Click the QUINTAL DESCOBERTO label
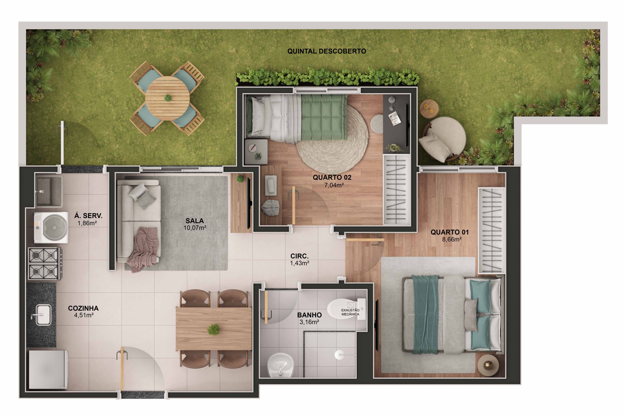point(326,51)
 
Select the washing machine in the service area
point(51,227)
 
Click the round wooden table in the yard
point(167,98)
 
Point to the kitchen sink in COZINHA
point(43,315)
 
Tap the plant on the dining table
point(213,329)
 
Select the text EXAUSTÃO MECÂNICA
point(350,312)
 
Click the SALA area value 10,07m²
point(195,228)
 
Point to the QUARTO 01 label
point(449,232)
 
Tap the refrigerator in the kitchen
point(48,370)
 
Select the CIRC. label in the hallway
point(299,256)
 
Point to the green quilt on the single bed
point(324,117)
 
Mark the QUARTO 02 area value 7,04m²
point(334,185)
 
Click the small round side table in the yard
point(429,108)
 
